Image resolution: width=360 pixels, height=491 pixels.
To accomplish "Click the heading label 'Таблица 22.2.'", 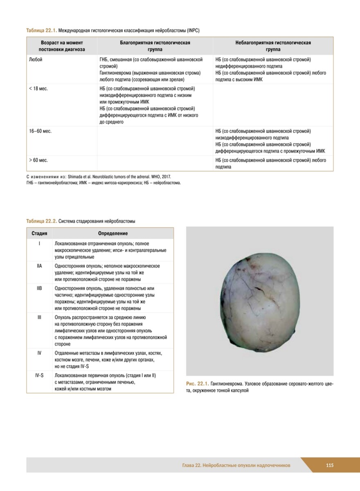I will tap(42, 221).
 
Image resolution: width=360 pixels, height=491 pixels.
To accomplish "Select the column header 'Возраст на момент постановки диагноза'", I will tap(62, 46).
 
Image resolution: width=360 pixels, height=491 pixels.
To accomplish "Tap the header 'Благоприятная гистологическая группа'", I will tap(155, 46).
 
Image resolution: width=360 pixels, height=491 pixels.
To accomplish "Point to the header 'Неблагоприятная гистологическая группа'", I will tap(273, 46).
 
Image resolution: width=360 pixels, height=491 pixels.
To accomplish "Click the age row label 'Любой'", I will tap(36, 60).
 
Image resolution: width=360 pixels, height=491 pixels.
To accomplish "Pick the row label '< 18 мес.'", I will tap(38, 89).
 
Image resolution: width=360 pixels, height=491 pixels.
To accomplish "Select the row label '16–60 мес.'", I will tap(40, 131).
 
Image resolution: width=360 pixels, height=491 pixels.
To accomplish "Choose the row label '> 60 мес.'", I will tap(38, 160).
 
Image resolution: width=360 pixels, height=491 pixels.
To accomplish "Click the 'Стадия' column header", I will tap(39, 233).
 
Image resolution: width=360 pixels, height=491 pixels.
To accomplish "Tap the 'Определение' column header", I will tap(112, 233).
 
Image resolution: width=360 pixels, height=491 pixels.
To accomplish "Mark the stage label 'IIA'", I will tap(39, 266).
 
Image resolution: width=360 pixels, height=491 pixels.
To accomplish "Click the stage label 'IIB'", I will tap(39, 288).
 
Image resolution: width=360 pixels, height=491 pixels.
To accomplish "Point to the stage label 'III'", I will tap(39, 317).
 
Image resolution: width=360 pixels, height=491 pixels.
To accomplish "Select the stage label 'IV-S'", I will tap(39, 375).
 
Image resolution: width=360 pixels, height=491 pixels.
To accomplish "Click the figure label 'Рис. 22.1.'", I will tap(197, 384).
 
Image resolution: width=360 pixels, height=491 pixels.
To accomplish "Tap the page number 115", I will tap(330, 465).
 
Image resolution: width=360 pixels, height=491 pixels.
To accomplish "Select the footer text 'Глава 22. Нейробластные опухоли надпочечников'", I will tap(236, 465).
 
